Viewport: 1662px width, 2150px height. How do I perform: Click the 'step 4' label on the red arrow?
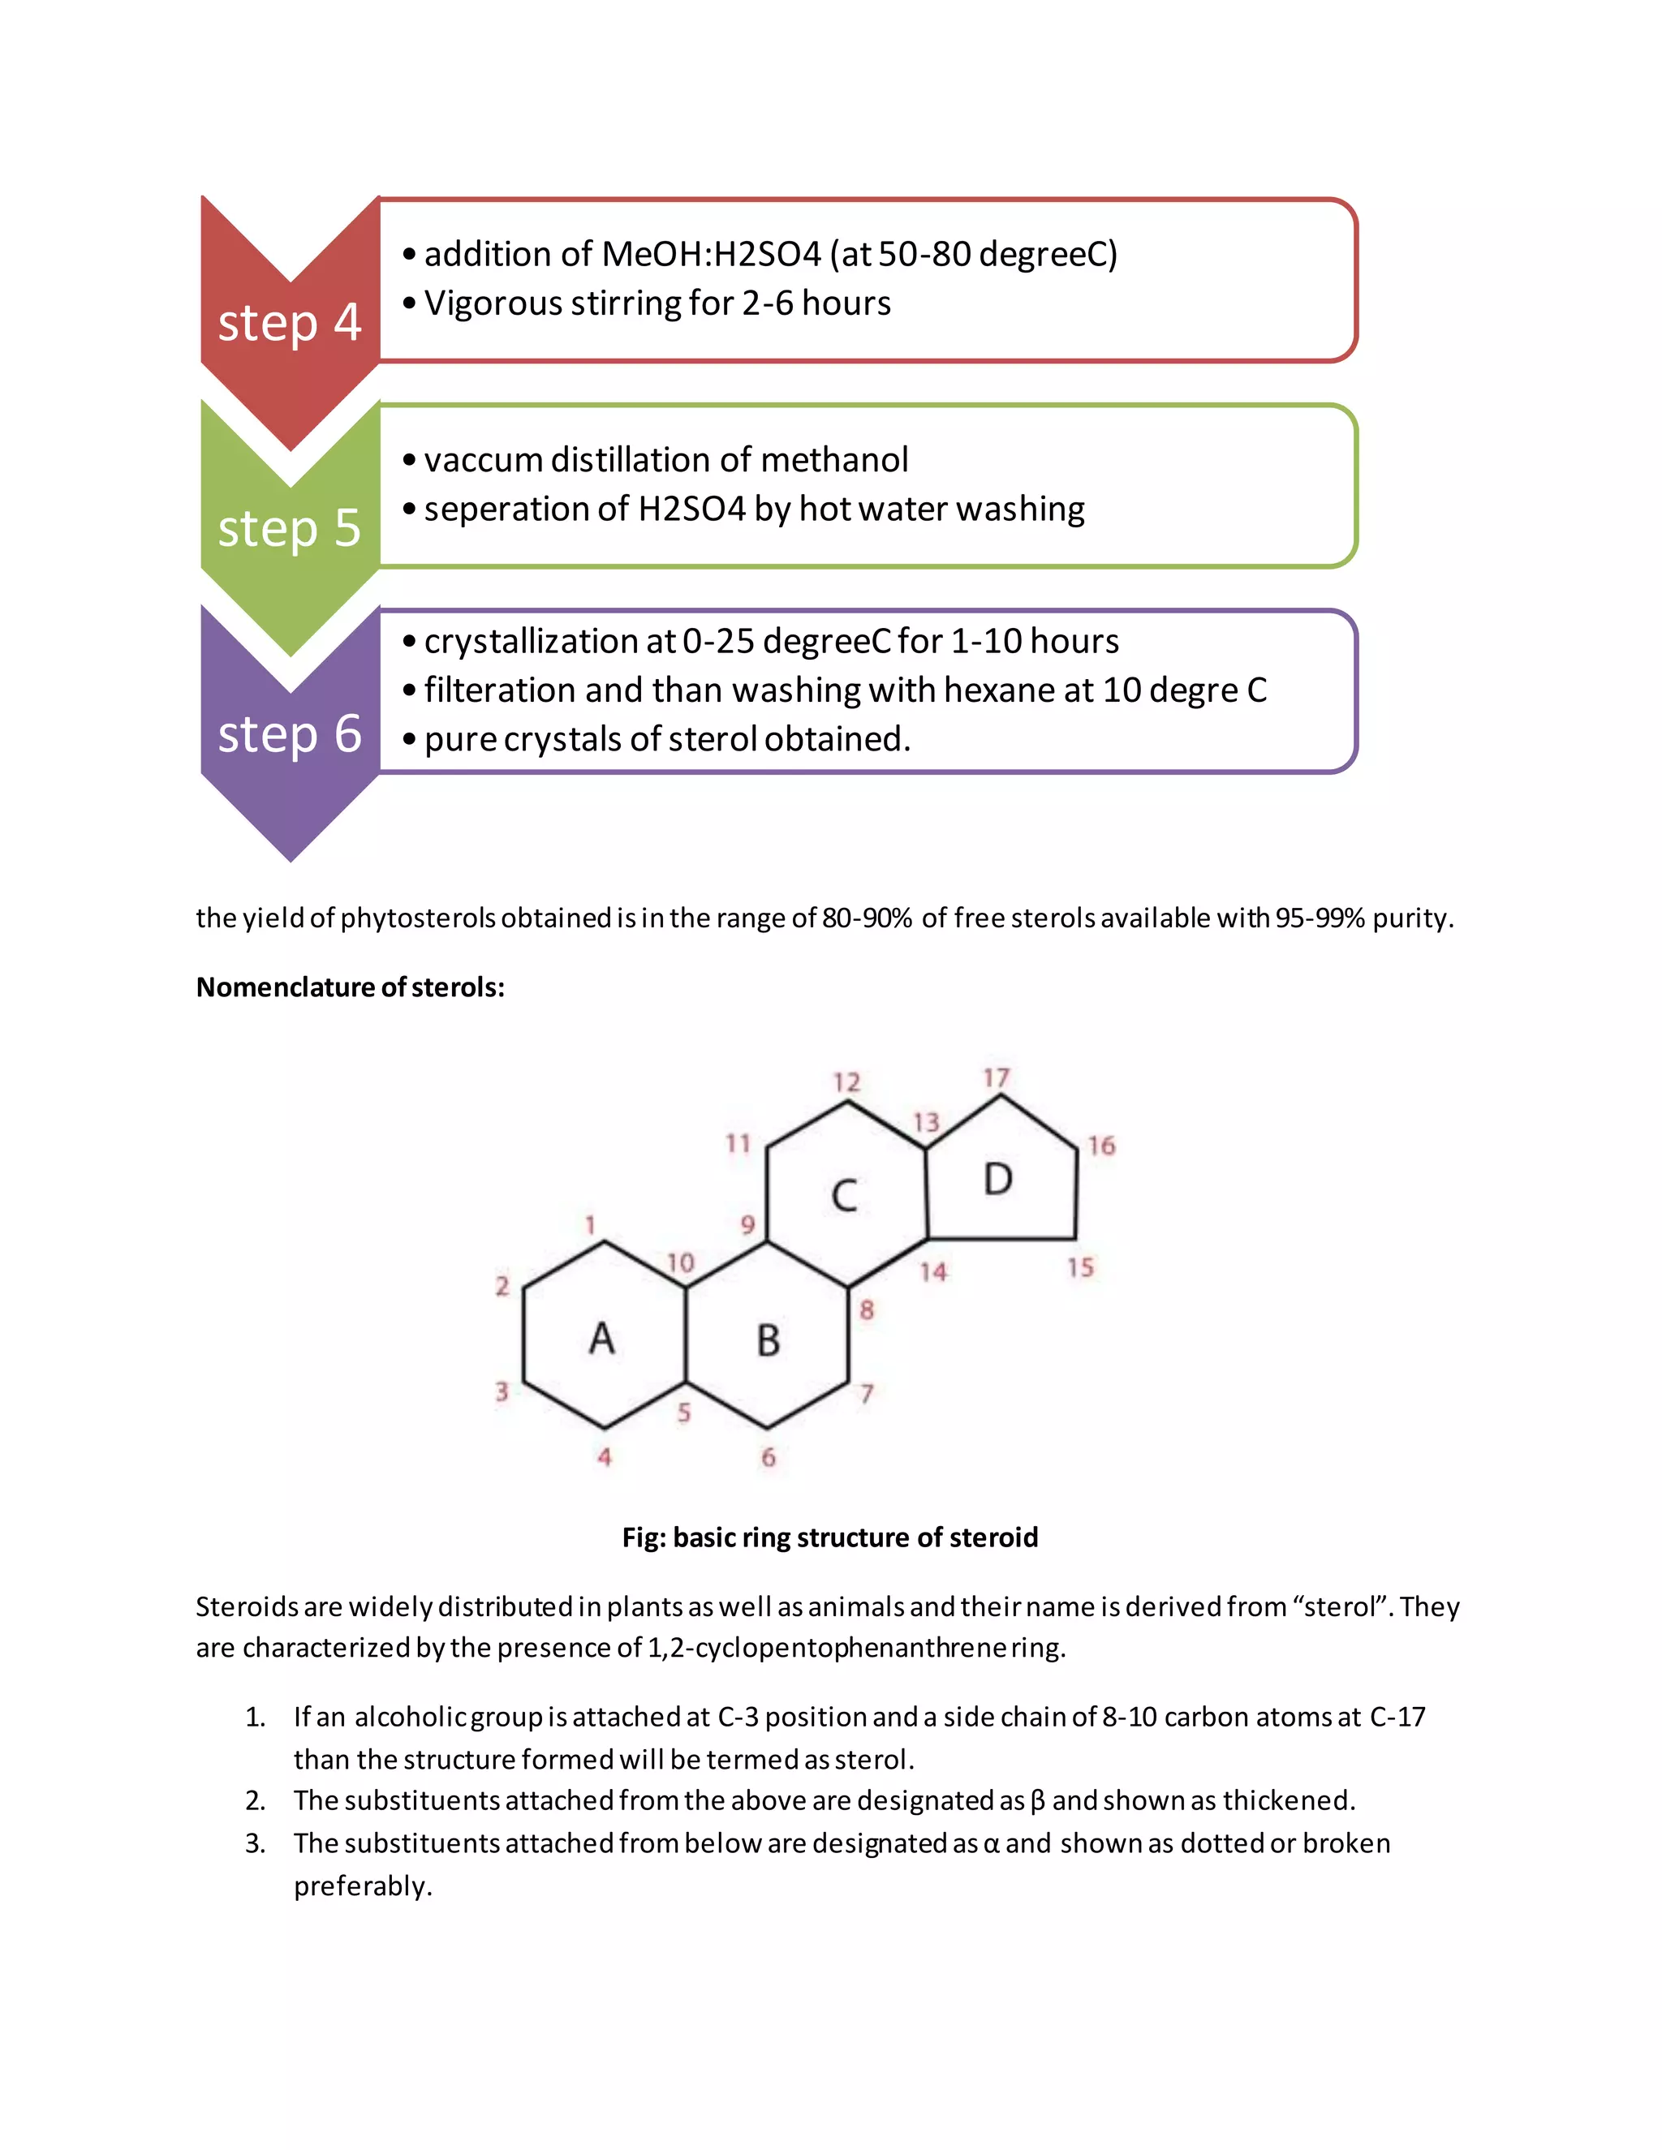[x=290, y=323]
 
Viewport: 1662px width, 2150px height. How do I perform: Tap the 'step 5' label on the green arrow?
[x=290, y=529]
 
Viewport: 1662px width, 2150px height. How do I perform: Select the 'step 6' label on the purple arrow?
[x=290, y=734]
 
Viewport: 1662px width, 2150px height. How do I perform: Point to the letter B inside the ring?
[x=768, y=1341]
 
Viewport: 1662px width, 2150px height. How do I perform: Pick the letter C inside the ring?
[x=844, y=1196]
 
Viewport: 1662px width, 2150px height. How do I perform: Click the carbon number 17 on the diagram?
[x=997, y=1078]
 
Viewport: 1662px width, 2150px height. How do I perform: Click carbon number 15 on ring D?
[x=1080, y=1267]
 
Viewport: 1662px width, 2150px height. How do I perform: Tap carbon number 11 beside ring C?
[x=738, y=1143]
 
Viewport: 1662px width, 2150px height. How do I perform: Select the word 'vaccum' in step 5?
[x=483, y=460]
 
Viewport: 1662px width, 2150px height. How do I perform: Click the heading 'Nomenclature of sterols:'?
[x=351, y=987]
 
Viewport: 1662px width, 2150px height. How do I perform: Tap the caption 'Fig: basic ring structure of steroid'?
[x=830, y=1537]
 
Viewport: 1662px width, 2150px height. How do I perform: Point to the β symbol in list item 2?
[x=1037, y=1801]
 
